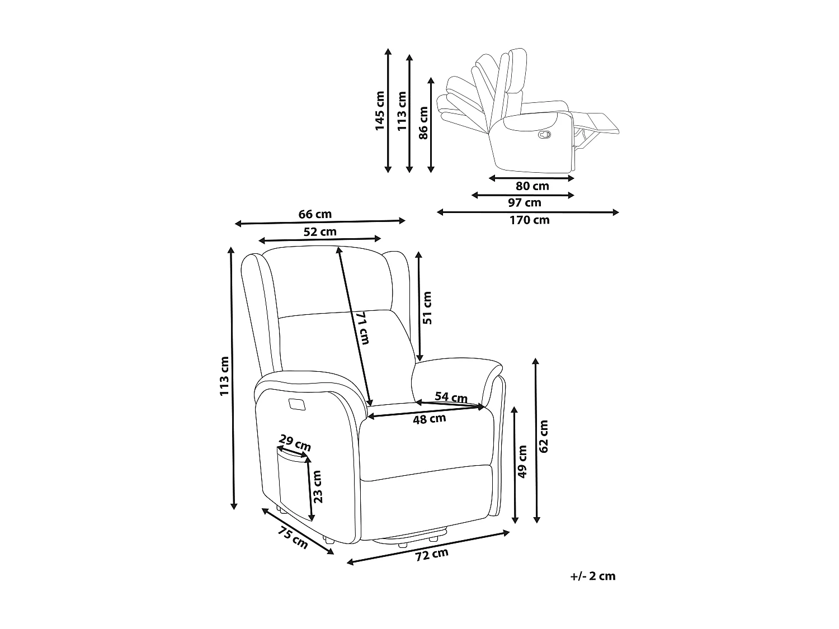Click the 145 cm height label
click(x=380, y=111)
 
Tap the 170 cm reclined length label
click(x=529, y=220)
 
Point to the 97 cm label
click(x=524, y=203)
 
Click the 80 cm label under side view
click(x=532, y=186)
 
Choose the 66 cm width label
click(x=315, y=214)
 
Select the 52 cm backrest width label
click(x=320, y=231)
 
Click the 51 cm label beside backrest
click(x=427, y=308)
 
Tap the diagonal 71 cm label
click(x=363, y=328)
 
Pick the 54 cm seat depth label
click(x=451, y=398)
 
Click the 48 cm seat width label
click(x=429, y=419)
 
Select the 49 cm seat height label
click(x=522, y=462)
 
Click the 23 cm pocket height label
click(x=317, y=486)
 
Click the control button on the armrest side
click(x=296, y=404)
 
